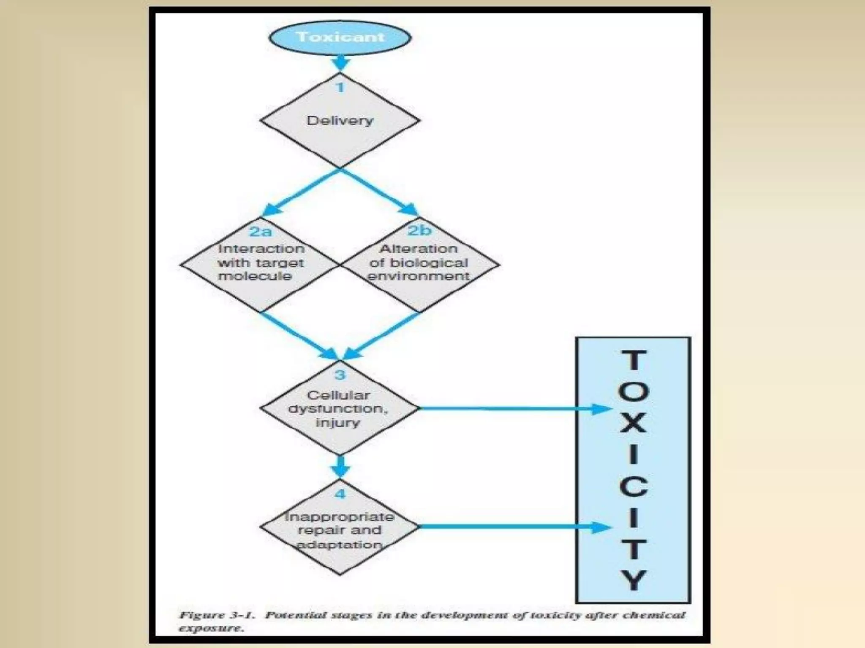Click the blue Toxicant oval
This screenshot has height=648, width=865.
(340, 37)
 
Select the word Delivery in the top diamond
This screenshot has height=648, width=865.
(340, 121)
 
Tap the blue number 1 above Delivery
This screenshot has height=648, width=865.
(340, 88)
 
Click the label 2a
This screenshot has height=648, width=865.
(261, 231)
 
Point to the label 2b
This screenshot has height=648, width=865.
(419, 230)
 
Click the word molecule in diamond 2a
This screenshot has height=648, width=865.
(255, 276)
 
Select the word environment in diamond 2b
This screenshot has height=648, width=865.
(419, 276)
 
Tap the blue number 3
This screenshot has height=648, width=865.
(340, 375)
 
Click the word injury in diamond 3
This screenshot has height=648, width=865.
(337, 422)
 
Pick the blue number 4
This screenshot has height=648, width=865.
(340, 494)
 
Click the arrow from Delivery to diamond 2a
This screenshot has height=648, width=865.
(300, 192)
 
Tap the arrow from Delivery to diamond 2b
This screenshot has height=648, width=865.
(380, 192)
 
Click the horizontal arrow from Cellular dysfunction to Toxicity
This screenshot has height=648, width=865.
(507, 408)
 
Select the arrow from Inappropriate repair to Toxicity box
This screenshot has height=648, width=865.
(507, 526)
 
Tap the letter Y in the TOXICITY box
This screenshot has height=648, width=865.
(633, 580)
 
